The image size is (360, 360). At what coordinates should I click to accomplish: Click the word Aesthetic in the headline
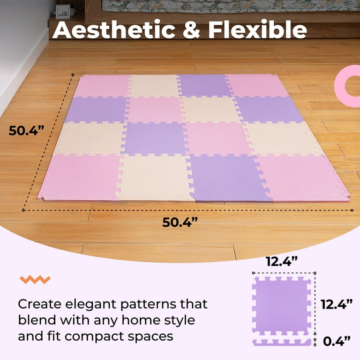click(x=113, y=30)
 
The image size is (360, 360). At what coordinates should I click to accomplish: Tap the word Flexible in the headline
click(x=257, y=30)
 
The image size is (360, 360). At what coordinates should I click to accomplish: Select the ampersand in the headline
click(x=191, y=30)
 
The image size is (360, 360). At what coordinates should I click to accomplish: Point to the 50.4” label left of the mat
click(x=26, y=130)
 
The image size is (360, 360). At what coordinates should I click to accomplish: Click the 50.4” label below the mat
click(x=180, y=222)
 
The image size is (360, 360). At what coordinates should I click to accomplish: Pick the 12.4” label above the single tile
click(x=282, y=261)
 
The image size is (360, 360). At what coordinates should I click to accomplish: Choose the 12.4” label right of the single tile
click(x=337, y=304)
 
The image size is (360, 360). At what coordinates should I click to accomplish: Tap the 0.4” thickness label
click(x=337, y=341)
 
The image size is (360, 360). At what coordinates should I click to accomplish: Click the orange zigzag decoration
click(x=35, y=279)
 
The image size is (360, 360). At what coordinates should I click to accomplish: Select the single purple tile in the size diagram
click(x=282, y=306)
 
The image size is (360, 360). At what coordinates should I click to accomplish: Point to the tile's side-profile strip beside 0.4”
click(x=282, y=342)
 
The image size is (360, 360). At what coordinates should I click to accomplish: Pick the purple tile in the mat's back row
click(x=204, y=85)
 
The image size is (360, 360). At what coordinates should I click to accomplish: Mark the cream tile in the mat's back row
click(x=153, y=86)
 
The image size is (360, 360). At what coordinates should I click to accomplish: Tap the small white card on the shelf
click(x=62, y=11)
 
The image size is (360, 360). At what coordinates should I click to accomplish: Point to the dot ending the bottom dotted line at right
click(x=352, y=210)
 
